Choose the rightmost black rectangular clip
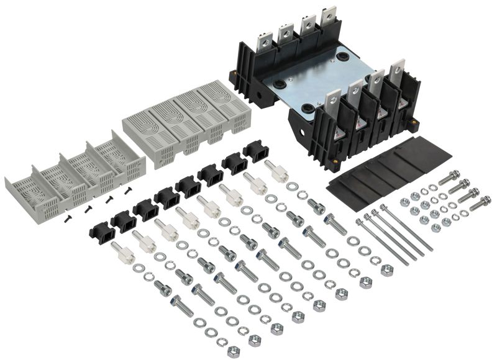coord(254,151)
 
